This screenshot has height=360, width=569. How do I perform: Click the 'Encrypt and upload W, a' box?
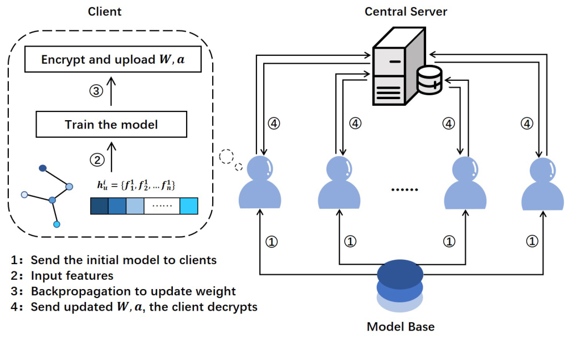(112, 59)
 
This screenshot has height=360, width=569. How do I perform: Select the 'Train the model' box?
(111, 124)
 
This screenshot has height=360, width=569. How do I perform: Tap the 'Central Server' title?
(406, 12)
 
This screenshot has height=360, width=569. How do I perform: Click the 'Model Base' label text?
(401, 326)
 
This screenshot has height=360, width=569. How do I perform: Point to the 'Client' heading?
(105, 11)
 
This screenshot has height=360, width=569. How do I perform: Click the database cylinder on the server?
(430, 80)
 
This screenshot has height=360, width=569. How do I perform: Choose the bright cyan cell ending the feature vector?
(189, 207)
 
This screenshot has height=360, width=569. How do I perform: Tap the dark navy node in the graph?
(43, 168)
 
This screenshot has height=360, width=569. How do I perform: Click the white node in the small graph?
(24, 194)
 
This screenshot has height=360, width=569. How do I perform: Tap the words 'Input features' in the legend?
(72, 275)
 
